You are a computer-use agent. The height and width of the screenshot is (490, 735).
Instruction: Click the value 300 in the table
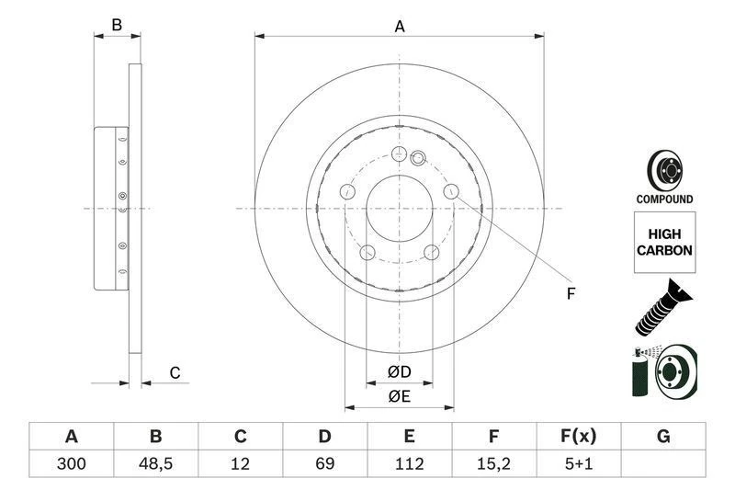(x=71, y=464)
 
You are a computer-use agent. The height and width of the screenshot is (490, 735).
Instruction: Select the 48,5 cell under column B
(x=156, y=464)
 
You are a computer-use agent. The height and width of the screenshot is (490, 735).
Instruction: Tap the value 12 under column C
(x=241, y=464)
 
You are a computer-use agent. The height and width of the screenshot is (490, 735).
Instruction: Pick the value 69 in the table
(x=325, y=464)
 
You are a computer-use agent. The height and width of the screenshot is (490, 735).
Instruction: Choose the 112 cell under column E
(x=410, y=464)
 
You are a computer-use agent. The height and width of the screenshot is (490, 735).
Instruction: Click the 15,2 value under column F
(x=494, y=464)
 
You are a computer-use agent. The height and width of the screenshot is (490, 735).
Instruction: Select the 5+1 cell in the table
(x=579, y=464)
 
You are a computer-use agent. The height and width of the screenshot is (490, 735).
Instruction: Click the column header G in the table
(x=663, y=436)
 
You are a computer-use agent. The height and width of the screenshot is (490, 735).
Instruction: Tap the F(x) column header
(x=579, y=436)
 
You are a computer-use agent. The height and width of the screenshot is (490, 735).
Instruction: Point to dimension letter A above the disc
(x=400, y=27)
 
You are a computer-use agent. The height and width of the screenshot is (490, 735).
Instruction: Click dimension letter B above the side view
(x=117, y=25)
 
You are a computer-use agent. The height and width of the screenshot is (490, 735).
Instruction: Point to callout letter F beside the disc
(x=570, y=294)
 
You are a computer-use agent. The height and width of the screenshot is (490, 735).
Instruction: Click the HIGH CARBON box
(x=664, y=242)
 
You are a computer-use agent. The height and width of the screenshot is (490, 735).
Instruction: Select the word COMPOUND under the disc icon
(x=664, y=199)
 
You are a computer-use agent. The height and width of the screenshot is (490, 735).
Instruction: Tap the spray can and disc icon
(x=664, y=372)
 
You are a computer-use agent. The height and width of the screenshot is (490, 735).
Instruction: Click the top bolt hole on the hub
(x=399, y=154)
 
